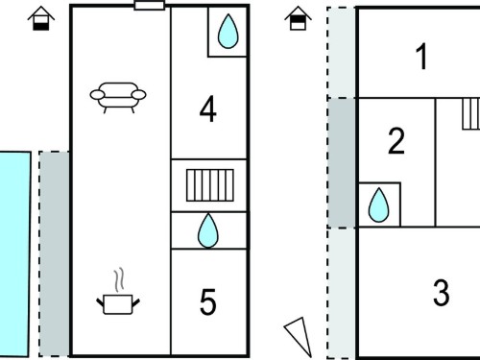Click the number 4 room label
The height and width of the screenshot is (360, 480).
point(207,109)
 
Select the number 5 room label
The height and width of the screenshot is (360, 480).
point(207,301)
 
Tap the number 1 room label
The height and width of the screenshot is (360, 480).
point(422,57)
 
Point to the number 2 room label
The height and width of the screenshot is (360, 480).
point(396,141)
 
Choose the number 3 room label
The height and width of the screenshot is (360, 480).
point(442,292)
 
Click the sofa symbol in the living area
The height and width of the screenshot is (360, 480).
point(118,98)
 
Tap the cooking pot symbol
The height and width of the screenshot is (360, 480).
point(118,304)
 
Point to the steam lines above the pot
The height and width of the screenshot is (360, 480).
point(119,280)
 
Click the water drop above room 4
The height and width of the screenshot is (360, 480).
point(228,32)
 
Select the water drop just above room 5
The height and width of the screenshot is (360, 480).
point(208,230)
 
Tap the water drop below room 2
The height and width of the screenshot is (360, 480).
point(378,204)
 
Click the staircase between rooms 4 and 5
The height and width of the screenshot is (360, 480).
point(210,185)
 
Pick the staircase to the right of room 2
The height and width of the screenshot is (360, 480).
point(471,114)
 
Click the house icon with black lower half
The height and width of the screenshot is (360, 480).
point(41,18)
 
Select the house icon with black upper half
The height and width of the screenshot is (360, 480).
point(298,18)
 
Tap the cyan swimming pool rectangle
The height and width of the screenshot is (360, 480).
point(14,254)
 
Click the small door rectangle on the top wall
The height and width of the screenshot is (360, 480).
point(150,6)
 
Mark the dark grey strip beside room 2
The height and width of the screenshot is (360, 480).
point(342,163)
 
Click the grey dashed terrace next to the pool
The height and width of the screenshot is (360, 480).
point(54,253)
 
